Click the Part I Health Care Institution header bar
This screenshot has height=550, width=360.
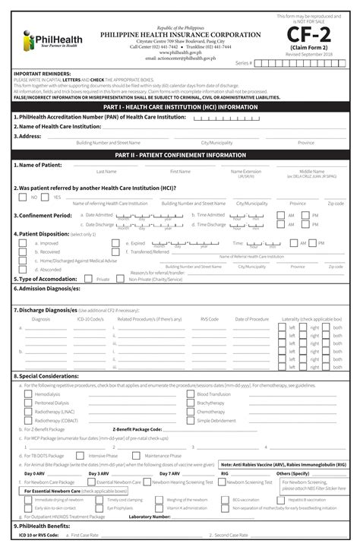[x=180, y=107]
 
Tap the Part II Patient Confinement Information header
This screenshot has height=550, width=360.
[x=180, y=154]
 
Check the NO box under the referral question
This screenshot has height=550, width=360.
[x=23, y=197]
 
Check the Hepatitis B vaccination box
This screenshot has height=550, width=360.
[x=282, y=499]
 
